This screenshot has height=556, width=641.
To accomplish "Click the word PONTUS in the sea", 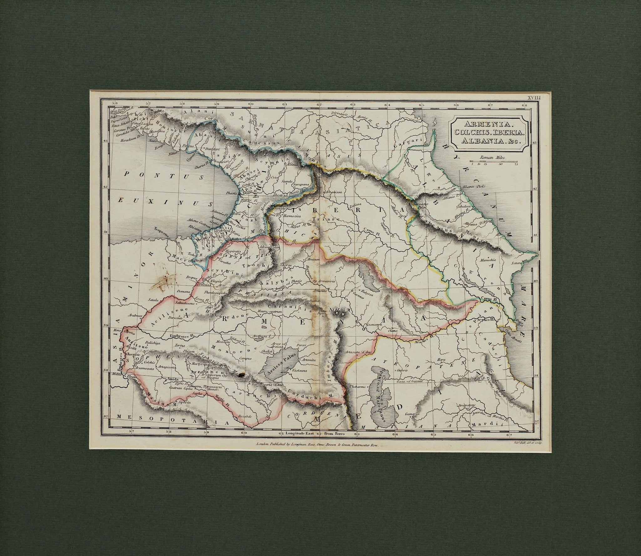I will point(150,174).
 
